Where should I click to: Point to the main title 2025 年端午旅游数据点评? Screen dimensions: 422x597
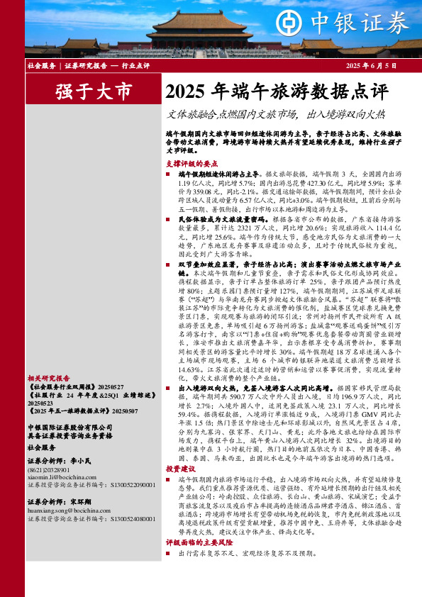pos(277,91)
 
